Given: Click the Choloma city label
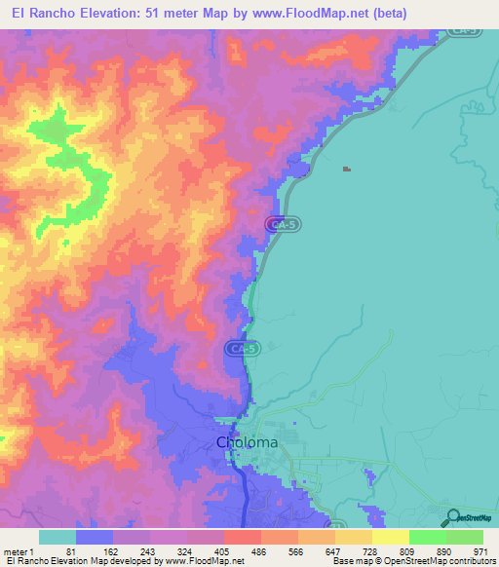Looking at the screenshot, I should tap(247, 442).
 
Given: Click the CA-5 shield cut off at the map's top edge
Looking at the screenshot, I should tap(464, 32).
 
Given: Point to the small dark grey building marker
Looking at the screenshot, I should tap(346, 170).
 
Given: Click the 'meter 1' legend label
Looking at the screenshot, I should tap(25, 551).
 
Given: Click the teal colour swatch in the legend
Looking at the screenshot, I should tap(58, 537).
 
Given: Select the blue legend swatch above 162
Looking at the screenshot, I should tap(95, 537).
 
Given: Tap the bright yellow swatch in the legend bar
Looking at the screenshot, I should tap(391, 537).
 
